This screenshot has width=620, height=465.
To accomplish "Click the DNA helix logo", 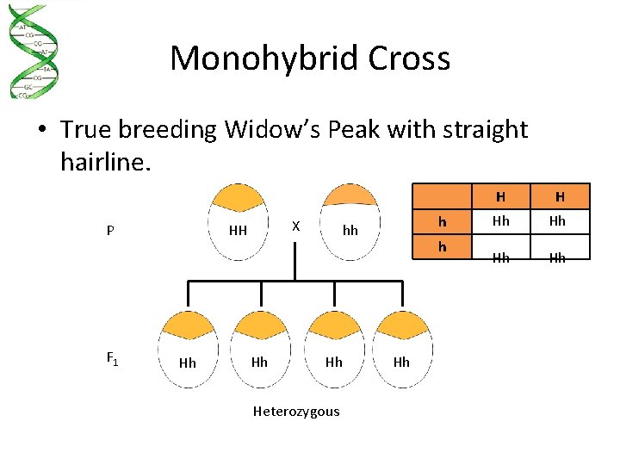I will [34, 52].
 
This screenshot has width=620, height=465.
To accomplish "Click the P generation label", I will [110, 231].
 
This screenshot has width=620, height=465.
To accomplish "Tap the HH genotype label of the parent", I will [238, 231].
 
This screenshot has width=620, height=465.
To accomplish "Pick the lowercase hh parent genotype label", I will [350, 231].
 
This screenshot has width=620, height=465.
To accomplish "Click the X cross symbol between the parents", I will [295, 226].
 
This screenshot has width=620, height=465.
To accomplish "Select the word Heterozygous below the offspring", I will [296, 412].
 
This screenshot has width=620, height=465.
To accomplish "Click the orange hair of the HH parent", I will [238, 198].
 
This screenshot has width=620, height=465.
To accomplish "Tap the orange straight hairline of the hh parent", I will [349, 196].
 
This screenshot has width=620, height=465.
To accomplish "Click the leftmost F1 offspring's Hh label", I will [187, 363].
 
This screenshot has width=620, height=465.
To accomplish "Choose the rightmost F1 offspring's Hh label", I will [401, 363].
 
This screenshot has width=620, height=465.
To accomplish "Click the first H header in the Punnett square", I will [500, 196].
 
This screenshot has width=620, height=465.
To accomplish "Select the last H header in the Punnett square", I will [558, 196].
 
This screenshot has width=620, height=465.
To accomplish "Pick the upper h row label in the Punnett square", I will [443, 222].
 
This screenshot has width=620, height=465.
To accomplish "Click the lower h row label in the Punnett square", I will [443, 245].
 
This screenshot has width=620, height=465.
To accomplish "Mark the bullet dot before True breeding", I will [41, 131].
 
